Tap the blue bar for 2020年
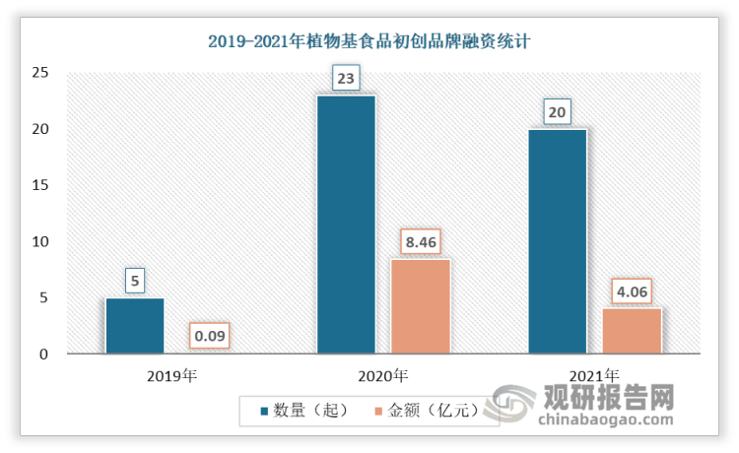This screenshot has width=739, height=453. point(345,225)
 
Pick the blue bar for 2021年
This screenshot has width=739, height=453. point(557,241)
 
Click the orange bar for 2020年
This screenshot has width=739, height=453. point(420,306)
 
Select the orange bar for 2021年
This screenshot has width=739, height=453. point(632,331)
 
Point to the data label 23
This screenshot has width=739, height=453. point(345,76)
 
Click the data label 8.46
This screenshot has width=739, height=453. point(420,240)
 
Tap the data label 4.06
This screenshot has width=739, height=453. point(632,291)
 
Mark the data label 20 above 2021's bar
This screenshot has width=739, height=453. point(557,111)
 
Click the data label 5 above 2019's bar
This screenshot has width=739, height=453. point(134,280)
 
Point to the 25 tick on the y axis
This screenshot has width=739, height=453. point(39,73)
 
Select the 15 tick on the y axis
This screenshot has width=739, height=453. point(39,185)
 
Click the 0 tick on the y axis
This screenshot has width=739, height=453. point(43,355)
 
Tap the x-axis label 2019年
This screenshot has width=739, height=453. point(171,375)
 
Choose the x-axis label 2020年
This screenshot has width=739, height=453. point(382,375)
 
